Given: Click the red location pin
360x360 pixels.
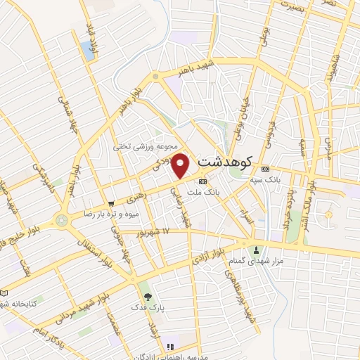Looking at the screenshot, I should [x=181, y=166].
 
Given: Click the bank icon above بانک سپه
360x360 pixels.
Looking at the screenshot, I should [x=265, y=169].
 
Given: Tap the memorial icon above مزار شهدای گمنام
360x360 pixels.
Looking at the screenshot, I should [x=256, y=250].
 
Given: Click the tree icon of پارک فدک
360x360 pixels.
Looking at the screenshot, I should [x=147, y=296].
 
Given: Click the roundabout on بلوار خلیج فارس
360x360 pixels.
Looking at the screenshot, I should [x=62, y=220].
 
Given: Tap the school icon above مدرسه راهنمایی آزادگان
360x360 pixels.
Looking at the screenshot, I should [x=169, y=347].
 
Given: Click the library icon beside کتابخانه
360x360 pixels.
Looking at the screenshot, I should [x=5, y=292].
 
